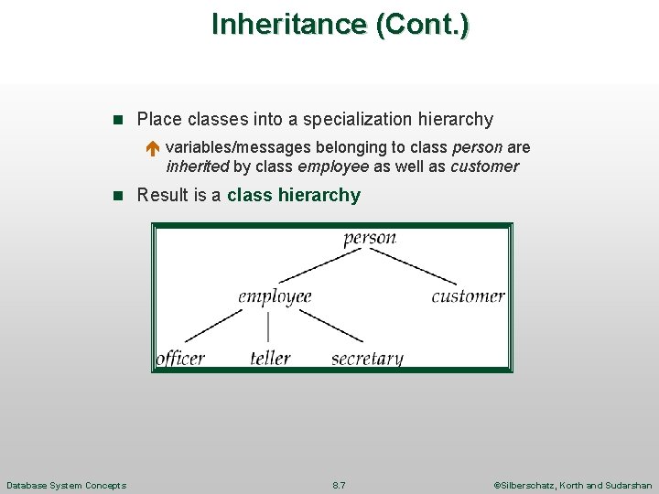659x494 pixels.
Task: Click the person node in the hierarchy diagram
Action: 370,239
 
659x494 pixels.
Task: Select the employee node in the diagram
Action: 275,296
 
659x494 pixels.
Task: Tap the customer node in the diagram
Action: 468,296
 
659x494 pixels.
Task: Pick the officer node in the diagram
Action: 180,358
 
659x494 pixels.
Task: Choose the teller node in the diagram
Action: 270,358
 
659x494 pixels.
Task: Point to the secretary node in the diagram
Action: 367,359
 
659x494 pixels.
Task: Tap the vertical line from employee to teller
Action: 268,327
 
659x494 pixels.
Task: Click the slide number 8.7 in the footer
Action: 339,485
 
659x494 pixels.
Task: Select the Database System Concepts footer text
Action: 66,485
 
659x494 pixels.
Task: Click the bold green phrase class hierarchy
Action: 294,195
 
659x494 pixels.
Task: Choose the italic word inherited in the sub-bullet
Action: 198,166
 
